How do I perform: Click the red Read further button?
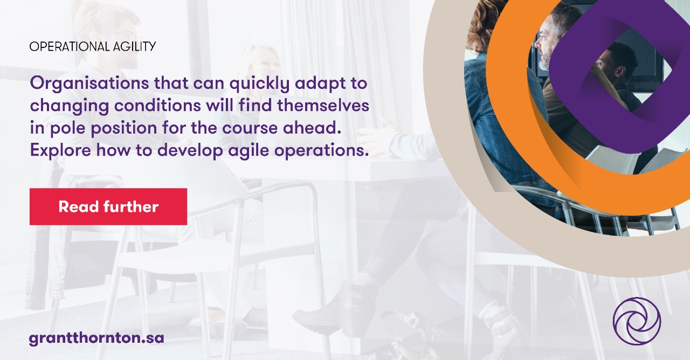coord(108,206)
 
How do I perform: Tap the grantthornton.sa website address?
coord(96,338)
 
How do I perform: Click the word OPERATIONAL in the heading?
coord(61,46)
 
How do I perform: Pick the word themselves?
coord(327,106)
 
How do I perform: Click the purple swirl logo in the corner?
coord(637,321)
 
